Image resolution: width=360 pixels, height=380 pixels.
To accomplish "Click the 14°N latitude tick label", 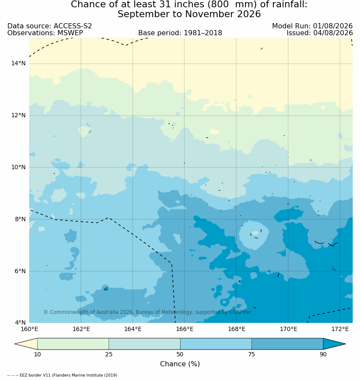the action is (18, 64).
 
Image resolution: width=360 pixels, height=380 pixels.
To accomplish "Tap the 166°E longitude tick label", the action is (185, 329).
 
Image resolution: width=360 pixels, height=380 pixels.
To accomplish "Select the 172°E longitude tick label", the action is (340, 329).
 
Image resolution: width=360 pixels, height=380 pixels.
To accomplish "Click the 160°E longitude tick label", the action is (29, 329).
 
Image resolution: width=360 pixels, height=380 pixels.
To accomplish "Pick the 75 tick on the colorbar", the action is (251, 354).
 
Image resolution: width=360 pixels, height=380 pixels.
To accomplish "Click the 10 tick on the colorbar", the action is (37, 354).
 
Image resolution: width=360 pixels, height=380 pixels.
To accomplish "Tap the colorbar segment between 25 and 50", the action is (145, 344).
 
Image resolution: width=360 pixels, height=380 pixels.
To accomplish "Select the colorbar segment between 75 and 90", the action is (287, 344).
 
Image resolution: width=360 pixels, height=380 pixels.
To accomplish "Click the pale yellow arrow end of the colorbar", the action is (27, 344).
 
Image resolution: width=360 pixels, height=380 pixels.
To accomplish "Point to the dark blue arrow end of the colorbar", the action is (334, 344).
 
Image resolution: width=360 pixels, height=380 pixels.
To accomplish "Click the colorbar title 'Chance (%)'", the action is (180, 364).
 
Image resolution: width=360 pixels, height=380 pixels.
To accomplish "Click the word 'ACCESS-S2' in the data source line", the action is (73, 26).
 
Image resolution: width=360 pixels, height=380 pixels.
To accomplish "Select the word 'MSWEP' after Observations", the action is (70, 33).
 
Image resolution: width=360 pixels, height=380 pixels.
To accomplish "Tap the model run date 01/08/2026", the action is (333, 26).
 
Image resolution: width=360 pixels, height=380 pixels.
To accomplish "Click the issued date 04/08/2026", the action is (333, 33).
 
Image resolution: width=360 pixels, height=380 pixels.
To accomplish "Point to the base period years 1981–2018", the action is (203, 33).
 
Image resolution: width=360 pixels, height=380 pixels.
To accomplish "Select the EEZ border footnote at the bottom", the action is (62, 375).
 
